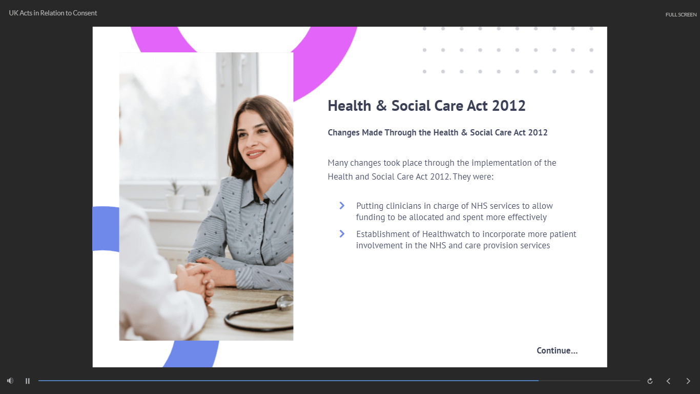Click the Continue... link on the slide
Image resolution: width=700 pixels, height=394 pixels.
557,350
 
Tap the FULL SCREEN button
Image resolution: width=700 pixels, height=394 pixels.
681,15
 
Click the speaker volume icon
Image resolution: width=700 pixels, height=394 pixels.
10,381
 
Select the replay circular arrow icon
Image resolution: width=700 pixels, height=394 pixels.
650,381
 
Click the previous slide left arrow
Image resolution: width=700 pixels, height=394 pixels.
668,381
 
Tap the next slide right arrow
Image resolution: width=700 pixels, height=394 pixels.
688,381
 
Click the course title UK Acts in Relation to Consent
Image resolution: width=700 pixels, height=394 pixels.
53,13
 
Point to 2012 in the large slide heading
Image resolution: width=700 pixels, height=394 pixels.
508,106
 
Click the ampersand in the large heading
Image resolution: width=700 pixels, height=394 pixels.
381,106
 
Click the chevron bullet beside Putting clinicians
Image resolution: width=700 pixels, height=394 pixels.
342,206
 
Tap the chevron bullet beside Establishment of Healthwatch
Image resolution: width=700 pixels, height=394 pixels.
342,234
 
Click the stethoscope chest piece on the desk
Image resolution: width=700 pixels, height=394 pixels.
284,302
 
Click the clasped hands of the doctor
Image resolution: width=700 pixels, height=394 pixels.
194,279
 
